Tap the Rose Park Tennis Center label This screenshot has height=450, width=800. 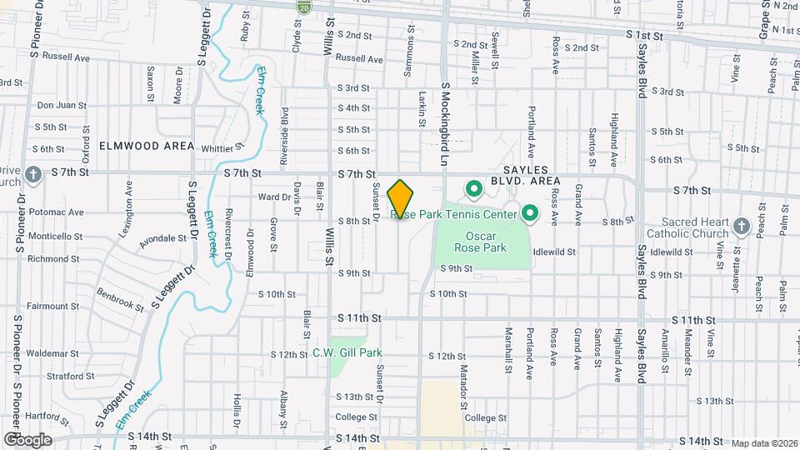(461, 214)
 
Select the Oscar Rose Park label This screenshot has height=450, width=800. (481, 242)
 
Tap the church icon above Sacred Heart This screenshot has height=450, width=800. (742, 226)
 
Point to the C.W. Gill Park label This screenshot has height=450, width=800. (347, 352)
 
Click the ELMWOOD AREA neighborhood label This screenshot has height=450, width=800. (147, 146)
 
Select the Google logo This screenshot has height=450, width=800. (27, 439)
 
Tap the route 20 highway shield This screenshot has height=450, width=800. (303, 7)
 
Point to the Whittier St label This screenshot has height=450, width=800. (222, 148)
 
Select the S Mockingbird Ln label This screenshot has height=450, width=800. (445, 116)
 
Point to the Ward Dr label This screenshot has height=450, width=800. (273, 197)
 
